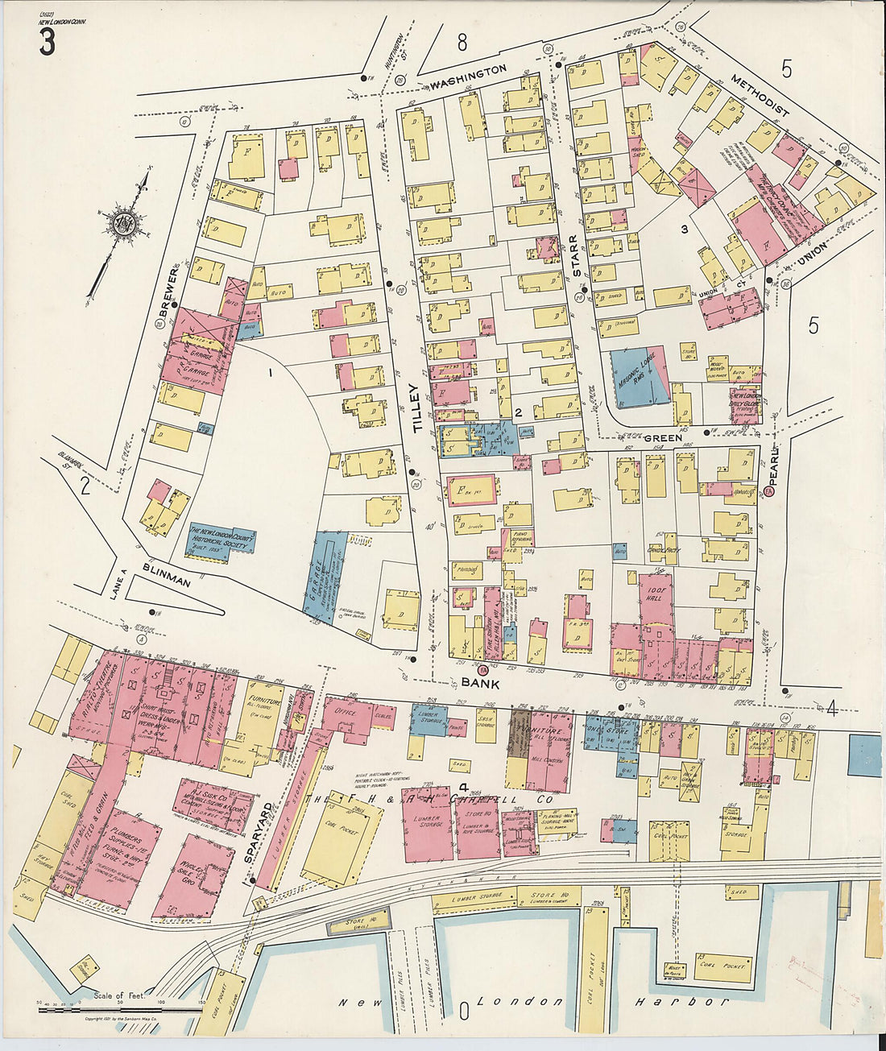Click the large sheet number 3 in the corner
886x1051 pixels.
pos(47,43)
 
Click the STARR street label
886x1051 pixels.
pos(573,255)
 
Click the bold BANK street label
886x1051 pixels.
pos(481,682)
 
